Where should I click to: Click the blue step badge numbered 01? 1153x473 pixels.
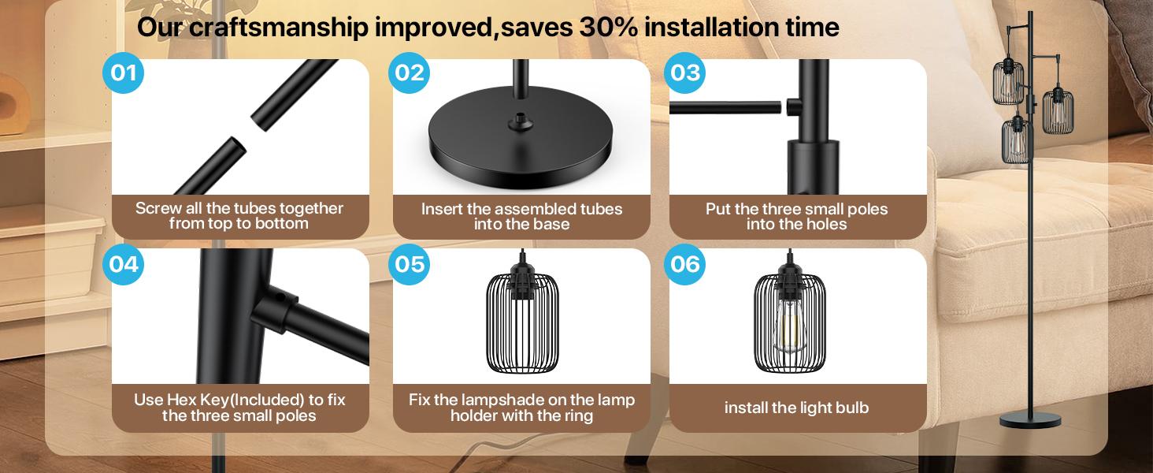(124, 73)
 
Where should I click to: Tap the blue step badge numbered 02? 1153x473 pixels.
(410, 73)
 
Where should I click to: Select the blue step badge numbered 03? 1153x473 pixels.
(685, 73)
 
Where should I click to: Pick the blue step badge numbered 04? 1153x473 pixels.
(124, 263)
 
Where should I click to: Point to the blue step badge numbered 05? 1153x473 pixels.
(410, 263)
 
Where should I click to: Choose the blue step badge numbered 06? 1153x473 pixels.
(685, 263)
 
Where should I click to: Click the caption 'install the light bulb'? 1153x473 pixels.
(796, 408)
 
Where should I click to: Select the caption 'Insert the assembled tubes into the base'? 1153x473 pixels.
(521, 216)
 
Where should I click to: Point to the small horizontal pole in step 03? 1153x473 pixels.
(725, 106)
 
